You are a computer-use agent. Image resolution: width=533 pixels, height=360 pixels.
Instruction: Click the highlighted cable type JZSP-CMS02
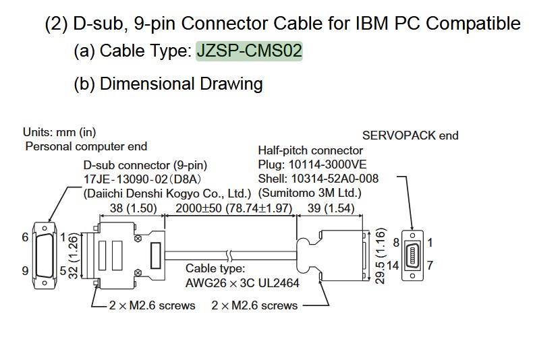(x=249, y=51)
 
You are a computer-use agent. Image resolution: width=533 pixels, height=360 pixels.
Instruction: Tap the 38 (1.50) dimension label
(x=131, y=208)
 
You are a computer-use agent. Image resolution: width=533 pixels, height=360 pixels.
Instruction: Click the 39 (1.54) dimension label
(x=331, y=208)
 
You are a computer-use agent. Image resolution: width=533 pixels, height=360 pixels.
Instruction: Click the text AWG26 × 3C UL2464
(x=242, y=282)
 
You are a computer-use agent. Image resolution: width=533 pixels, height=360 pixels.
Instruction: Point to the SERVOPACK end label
(x=410, y=136)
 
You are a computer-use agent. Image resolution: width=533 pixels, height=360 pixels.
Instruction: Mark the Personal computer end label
(x=86, y=146)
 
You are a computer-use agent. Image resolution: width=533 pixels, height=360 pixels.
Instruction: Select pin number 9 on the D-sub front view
(x=25, y=271)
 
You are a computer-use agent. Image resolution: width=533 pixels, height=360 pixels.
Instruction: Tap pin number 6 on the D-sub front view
(x=25, y=237)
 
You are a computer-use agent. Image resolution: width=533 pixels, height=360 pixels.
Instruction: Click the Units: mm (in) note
(x=60, y=132)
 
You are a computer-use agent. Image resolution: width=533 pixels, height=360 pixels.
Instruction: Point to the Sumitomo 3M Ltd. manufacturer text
(x=310, y=193)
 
